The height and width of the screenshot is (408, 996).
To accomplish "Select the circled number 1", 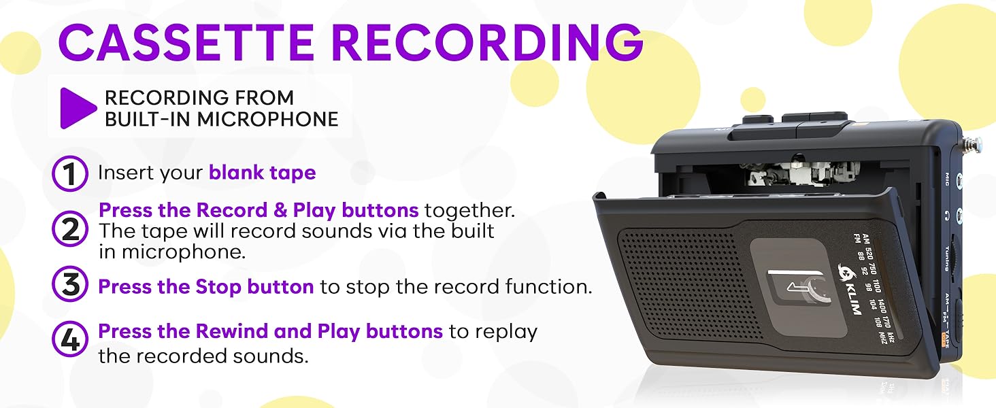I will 70,173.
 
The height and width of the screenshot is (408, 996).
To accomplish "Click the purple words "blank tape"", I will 262,173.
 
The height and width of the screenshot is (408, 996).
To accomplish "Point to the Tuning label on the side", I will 947,259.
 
